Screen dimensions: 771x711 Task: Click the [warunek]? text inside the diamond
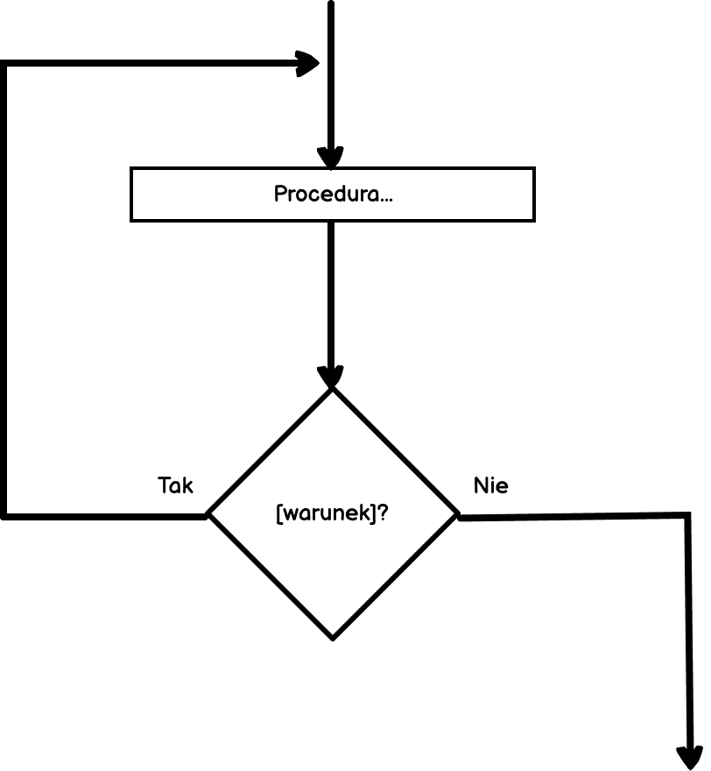(x=332, y=513)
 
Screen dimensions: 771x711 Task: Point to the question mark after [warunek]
(x=384, y=513)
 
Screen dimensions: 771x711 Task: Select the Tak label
(x=175, y=485)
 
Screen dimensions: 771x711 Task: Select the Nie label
(x=490, y=485)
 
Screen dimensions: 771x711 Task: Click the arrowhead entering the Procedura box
(x=331, y=158)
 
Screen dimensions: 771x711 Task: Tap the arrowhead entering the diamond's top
(x=331, y=377)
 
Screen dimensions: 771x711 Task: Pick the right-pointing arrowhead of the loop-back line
(x=308, y=63)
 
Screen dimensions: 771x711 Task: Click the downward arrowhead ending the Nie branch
(x=690, y=757)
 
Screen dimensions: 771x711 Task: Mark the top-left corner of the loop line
(x=5, y=64)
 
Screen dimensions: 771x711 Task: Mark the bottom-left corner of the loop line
(x=5, y=516)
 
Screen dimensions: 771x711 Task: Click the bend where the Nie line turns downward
(x=688, y=516)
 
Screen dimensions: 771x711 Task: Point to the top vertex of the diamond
(x=332, y=389)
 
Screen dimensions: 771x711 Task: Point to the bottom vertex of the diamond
(x=332, y=637)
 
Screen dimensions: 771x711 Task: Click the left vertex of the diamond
(x=208, y=515)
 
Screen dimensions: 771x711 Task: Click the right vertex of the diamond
(x=457, y=515)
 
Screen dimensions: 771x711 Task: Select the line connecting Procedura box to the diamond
(x=331, y=289)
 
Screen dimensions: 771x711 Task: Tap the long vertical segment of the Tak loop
(x=5, y=289)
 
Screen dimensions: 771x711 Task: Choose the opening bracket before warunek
(x=278, y=513)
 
